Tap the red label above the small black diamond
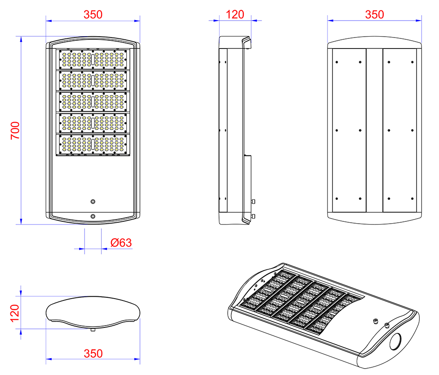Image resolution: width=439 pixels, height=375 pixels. pyautogui.click(x=238, y=15)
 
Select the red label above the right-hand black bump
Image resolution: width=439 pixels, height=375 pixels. pyautogui.click(x=376, y=15)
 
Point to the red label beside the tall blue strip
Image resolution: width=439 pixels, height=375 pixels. pyautogui.click(x=15, y=131)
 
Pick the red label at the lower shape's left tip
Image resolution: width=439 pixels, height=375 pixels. pyautogui.click(x=15, y=312)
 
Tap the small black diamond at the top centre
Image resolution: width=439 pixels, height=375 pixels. pyautogui.click(x=236, y=36)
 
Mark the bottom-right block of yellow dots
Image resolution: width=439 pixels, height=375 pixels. pyautogui.click(x=109, y=144)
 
